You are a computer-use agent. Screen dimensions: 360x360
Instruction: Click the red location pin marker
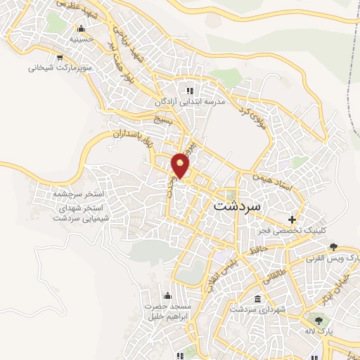tap(181, 165)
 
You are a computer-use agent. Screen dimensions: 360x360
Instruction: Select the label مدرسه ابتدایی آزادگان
tap(190, 102)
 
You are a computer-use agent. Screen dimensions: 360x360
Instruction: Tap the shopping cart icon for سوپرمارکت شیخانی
tap(61, 57)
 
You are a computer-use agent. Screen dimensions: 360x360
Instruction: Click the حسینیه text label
tap(82, 40)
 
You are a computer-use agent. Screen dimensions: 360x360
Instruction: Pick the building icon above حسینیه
tap(82, 29)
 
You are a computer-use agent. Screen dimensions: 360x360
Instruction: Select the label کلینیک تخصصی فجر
tap(292, 231)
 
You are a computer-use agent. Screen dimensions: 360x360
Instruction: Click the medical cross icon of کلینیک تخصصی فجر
tap(292, 219)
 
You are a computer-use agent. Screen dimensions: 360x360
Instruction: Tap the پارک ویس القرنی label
tap(332, 259)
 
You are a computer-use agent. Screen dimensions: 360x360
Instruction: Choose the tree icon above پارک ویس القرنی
tap(333, 247)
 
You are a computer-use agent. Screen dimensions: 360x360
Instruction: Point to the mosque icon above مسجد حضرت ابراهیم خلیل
tap(167, 295)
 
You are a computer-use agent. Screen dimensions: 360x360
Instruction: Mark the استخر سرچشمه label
tap(78, 193)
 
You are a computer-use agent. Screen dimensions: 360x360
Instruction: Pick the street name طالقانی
tap(271, 278)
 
